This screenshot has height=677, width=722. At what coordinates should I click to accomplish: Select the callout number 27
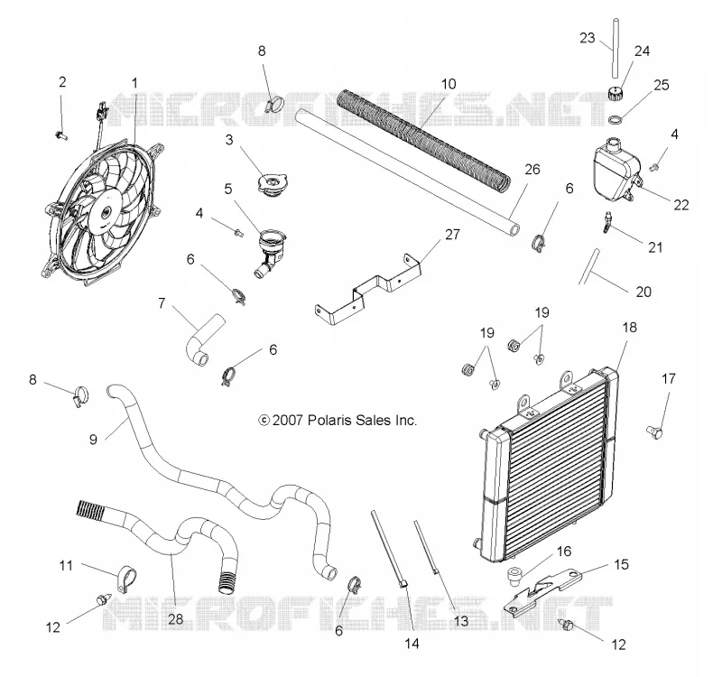click(452, 235)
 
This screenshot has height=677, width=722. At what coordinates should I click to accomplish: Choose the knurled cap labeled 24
click(615, 94)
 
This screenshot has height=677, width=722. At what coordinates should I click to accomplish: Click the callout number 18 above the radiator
click(629, 327)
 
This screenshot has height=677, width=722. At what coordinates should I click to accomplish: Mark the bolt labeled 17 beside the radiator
click(655, 432)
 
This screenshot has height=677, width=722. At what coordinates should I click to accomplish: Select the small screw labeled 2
click(61, 135)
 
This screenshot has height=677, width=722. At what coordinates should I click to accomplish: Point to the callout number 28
click(175, 618)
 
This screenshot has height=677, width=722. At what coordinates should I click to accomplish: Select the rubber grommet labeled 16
click(514, 576)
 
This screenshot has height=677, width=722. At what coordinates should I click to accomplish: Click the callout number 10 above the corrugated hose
click(448, 84)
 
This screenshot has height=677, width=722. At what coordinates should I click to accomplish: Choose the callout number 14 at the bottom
click(412, 644)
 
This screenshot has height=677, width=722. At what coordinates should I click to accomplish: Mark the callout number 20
click(643, 292)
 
